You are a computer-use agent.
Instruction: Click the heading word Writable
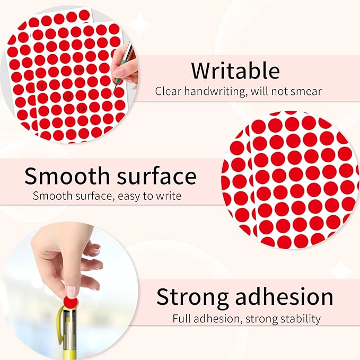click(235, 71)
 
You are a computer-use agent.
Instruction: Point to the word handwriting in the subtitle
click(214, 91)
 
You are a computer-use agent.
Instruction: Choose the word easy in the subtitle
click(131, 196)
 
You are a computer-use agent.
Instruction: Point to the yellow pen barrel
click(74, 339)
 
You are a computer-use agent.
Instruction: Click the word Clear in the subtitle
click(168, 91)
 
